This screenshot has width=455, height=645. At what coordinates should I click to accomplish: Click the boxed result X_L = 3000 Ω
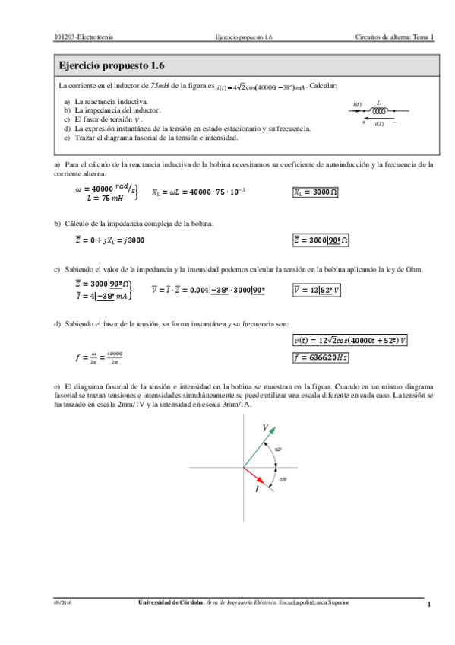pos(316,192)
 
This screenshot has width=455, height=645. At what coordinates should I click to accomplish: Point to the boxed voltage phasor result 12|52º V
pos(317,289)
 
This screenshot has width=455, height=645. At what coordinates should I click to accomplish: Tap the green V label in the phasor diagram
pos(265,428)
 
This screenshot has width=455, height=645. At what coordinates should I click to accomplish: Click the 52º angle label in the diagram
pos(279,450)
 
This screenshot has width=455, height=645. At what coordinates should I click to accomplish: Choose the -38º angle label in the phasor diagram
pos(282,479)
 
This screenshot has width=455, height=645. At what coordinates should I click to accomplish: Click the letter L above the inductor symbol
pos(378,101)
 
